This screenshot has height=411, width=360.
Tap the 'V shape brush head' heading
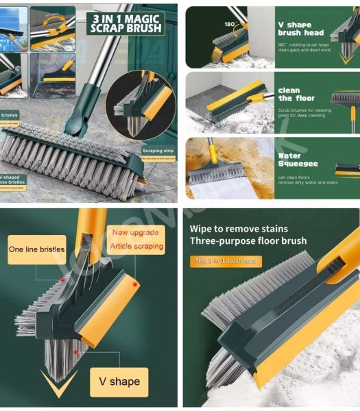300,28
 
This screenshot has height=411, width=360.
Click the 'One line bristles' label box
36,250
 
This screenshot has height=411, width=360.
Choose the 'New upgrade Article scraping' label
137,239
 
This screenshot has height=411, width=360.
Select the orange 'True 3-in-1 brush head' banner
226,261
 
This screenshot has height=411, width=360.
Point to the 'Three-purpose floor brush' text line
248,240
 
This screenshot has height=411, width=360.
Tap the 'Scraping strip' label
159,149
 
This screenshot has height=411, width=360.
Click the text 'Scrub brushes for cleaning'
304,110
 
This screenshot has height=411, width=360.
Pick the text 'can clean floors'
296,177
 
